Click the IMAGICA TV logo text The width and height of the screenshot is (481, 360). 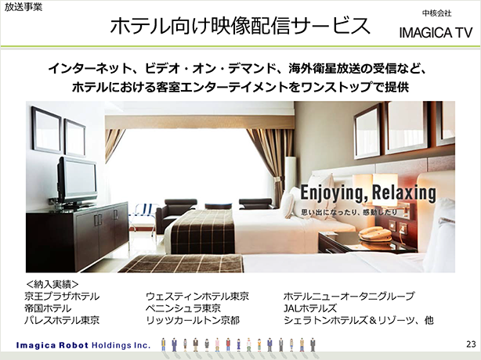pos(436,33)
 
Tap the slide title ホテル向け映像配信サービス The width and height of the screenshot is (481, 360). pos(240,26)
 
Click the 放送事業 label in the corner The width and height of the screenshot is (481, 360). pos(24,7)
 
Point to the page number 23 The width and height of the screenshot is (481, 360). pos(471,344)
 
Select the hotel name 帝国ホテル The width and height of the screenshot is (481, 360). pos(48,308)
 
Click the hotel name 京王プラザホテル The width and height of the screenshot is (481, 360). pos(62,297)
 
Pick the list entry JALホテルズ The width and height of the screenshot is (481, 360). pos(309,308)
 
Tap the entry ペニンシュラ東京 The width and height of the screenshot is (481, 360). pos(183,308)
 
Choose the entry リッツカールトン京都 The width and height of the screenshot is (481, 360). pos(193,320)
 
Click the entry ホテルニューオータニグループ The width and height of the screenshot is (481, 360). pos(349,297)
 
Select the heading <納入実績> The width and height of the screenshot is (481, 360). pos(52,284)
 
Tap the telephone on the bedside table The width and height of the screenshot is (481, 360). pos(375,234)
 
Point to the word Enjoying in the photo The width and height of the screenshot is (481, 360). pos(334,193)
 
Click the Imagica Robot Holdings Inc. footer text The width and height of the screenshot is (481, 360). pos(83,346)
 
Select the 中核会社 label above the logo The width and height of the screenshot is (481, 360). pos(437,13)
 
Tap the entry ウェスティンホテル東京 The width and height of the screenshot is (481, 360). pos(197,297)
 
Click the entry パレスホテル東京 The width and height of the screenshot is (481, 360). pos(62,320)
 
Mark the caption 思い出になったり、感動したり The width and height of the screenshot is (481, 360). pos(349,212)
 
